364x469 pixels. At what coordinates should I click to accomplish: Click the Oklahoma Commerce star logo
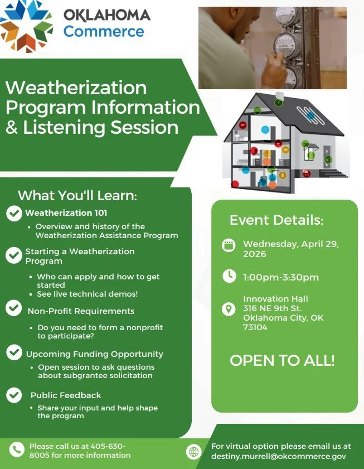(x=27, y=25)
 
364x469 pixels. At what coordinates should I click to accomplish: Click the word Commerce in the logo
(x=104, y=31)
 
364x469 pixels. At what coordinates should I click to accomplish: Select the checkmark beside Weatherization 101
(x=14, y=213)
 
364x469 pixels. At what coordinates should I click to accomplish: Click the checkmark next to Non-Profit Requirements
(x=14, y=308)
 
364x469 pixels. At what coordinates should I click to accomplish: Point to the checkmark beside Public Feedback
(x=14, y=395)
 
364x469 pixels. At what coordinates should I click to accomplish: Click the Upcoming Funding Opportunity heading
(x=94, y=354)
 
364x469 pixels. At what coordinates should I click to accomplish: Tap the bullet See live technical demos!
(x=87, y=294)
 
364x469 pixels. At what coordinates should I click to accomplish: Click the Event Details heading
(x=276, y=220)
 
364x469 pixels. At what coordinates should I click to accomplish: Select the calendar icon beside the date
(x=229, y=246)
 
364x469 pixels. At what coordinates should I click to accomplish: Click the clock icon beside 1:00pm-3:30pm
(x=229, y=276)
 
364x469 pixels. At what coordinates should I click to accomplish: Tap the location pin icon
(x=229, y=309)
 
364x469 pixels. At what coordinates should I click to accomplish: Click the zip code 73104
(x=255, y=327)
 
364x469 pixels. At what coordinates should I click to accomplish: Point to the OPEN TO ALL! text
(x=282, y=360)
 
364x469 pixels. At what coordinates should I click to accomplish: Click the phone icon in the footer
(x=17, y=449)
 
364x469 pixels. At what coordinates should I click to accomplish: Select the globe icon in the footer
(x=193, y=452)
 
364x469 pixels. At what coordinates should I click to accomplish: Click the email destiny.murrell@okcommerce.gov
(x=278, y=456)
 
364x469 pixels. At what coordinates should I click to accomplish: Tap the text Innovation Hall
(x=275, y=299)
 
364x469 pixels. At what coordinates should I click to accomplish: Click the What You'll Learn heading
(x=77, y=196)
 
